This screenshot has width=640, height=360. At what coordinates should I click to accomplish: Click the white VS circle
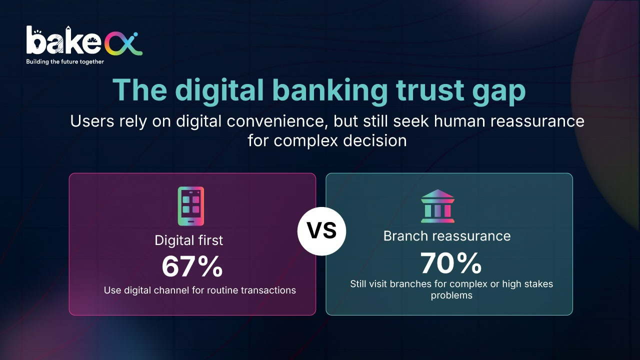(x=321, y=231)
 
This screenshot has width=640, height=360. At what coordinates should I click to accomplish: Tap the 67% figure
(x=192, y=267)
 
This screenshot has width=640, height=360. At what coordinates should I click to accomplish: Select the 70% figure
(x=451, y=263)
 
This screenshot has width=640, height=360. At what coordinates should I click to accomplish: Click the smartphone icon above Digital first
(x=191, y=206)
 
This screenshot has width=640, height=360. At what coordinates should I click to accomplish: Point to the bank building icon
(x=437, y=206)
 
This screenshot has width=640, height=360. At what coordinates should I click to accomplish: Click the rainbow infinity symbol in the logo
(x=123, y=44)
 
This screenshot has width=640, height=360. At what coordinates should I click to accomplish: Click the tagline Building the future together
(x=65, y=61)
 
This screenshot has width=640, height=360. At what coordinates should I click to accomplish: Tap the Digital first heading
(x=189, y=240)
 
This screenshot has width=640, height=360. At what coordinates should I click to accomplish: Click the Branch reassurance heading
(x=447, y=236)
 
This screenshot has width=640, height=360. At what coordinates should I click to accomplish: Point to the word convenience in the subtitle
(x=277, y=121)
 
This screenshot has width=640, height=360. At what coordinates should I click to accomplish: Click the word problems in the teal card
(x=451, y=295)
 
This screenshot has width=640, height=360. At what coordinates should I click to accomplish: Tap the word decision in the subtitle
(x=375, y=140)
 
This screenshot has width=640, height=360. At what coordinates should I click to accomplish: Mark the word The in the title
(x=139, y=89)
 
